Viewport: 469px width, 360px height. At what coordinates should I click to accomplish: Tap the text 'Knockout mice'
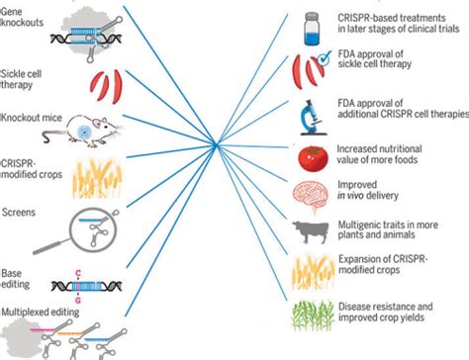[x=31, y=118]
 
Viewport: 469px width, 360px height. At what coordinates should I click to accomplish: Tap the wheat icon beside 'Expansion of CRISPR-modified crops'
[x=308, y=273]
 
